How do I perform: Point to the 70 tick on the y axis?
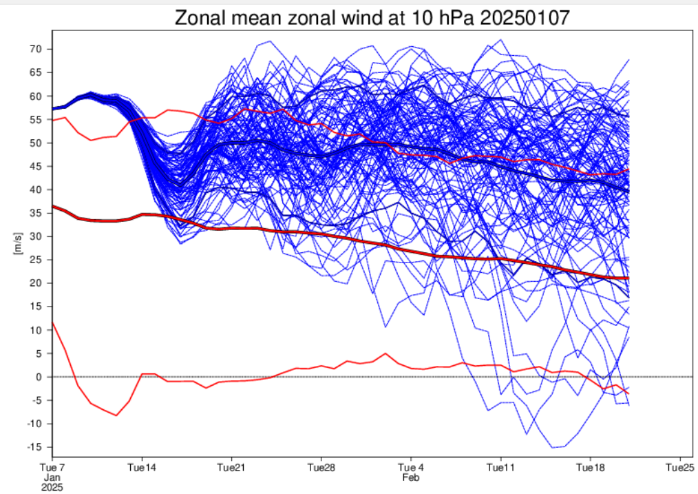click(36, 49)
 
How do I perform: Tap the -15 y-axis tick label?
click(34, 447)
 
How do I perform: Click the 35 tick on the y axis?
click(36, 213)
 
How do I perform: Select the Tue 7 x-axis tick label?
click(53, 467)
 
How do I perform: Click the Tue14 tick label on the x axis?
click(142, 467)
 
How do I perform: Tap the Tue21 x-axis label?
click(231, 467)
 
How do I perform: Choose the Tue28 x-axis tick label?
click(321, 467)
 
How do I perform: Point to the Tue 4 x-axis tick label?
click(411, 467)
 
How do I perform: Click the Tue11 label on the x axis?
click(500, 467)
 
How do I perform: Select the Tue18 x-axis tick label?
click(591, 467)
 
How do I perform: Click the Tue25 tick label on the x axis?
click(680, 467)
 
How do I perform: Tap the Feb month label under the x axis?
click(410, 476)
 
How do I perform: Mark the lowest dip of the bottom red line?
click(116, 415)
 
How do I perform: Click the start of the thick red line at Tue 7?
click(54, 206)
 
